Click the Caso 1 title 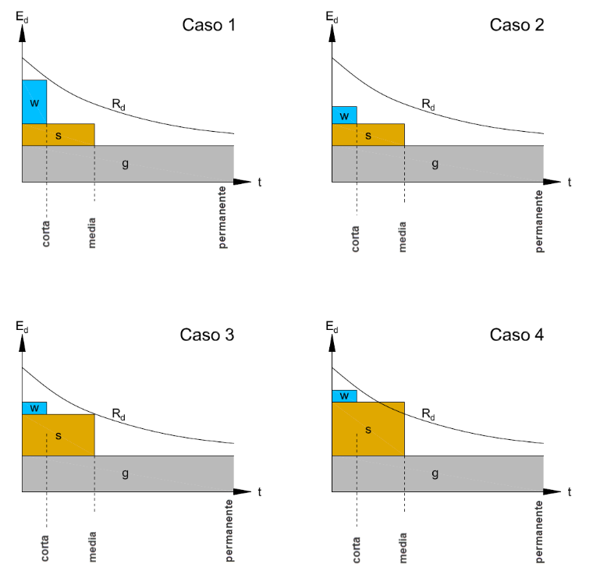pyautogui.click(x=209, y=25)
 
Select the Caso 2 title pyautogui.click(x=517, y=25)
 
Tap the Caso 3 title pyautogui.click(x=207, y=335)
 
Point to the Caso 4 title pyautogui.click(x=517, y=335)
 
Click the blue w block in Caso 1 pyautogui.click(x=34, y=101)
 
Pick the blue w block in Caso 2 pyautogui.click(x=344, y=115)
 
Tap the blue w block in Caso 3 pyautogui.click(x=34, y=409)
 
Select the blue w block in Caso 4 pyautogui.click(x=344, y=396)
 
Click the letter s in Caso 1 pyautogui.click(x=59, y=136)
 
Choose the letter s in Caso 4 pyautogui.click(x=368, y=430)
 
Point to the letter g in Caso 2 pyautogui.click(x=435, y=164)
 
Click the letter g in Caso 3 pyautogui.click(x=125, y=473)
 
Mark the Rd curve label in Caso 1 pyautogui.click(x=119, y=104)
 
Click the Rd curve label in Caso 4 pyautogui.click(x=428, y=414)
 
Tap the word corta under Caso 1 pyautogui.click(x=45, y=234)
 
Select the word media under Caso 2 pyautogui.click(x=402, y=236)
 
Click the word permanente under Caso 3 pyautogui.click(x=229, y=530)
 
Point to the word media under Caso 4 pyautogui.click(x=403, y=548)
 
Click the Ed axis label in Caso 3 pyautogui.click(x=22, y=327)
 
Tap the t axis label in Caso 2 pyautogui.click(x=569, y=183)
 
